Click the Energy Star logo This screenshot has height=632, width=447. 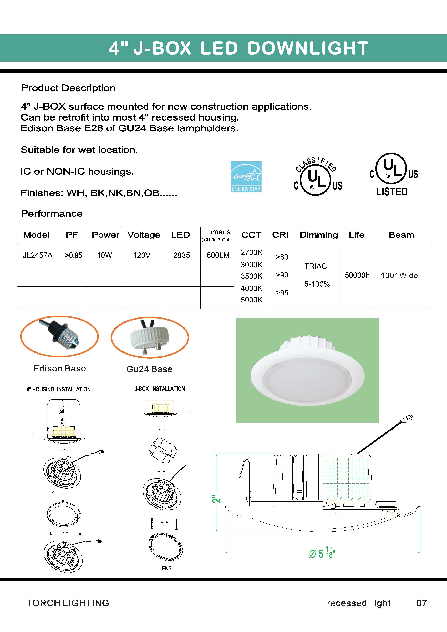tap(246, 177)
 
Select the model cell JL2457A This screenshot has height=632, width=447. tap(38, 255)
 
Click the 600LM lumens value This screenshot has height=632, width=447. tap(218, 255)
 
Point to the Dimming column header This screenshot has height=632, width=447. tap(318, 235)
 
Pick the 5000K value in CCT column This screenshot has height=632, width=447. tap(251, 300)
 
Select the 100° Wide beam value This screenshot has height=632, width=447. tap(399, 275)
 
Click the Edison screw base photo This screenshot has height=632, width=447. tap(59, 336)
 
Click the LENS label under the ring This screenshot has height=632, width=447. tap(165, 568)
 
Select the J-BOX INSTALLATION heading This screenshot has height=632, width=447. tap(160, 389)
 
